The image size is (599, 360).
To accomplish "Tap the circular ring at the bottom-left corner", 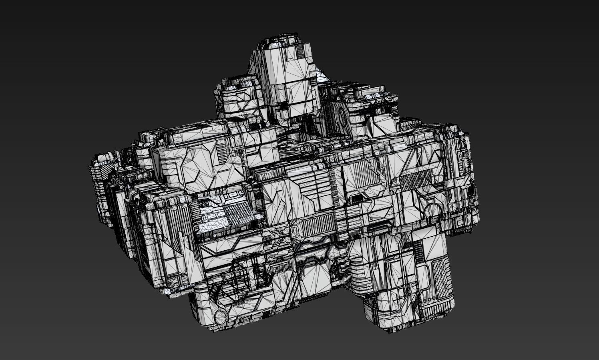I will coord(219,316).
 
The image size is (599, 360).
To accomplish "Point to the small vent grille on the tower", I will coord(300,52).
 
